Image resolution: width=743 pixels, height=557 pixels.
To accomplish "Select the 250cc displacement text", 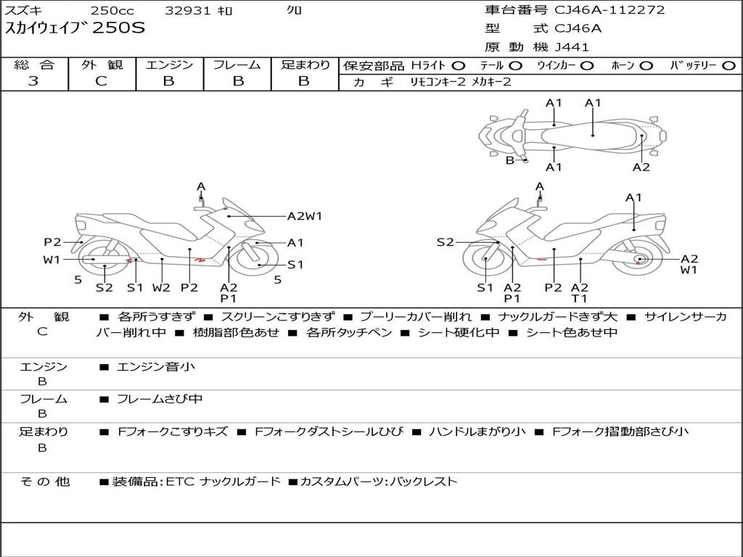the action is [111, 11].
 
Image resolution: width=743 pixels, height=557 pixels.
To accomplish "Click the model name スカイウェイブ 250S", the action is [75, 29].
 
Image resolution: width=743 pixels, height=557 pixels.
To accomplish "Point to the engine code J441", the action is [572, 47].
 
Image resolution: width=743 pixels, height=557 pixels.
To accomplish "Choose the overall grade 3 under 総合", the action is [33, 81].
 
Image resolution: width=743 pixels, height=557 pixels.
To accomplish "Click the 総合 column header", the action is [34, 65].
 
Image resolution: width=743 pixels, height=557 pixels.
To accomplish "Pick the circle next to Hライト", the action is [459, 66].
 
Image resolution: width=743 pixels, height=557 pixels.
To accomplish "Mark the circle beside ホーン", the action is [646, 66].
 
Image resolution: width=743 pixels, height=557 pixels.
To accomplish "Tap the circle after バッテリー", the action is [728, 66].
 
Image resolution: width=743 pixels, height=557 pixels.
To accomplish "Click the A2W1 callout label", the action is [305, 215].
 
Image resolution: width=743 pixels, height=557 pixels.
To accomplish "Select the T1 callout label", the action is [579, 297].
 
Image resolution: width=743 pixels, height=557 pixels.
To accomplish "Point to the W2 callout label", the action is [161, 287].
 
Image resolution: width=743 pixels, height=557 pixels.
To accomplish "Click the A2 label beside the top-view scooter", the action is [641, 167].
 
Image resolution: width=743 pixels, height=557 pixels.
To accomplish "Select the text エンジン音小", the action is [156, 367].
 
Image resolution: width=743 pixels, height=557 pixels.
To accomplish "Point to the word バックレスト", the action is [424, 481].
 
